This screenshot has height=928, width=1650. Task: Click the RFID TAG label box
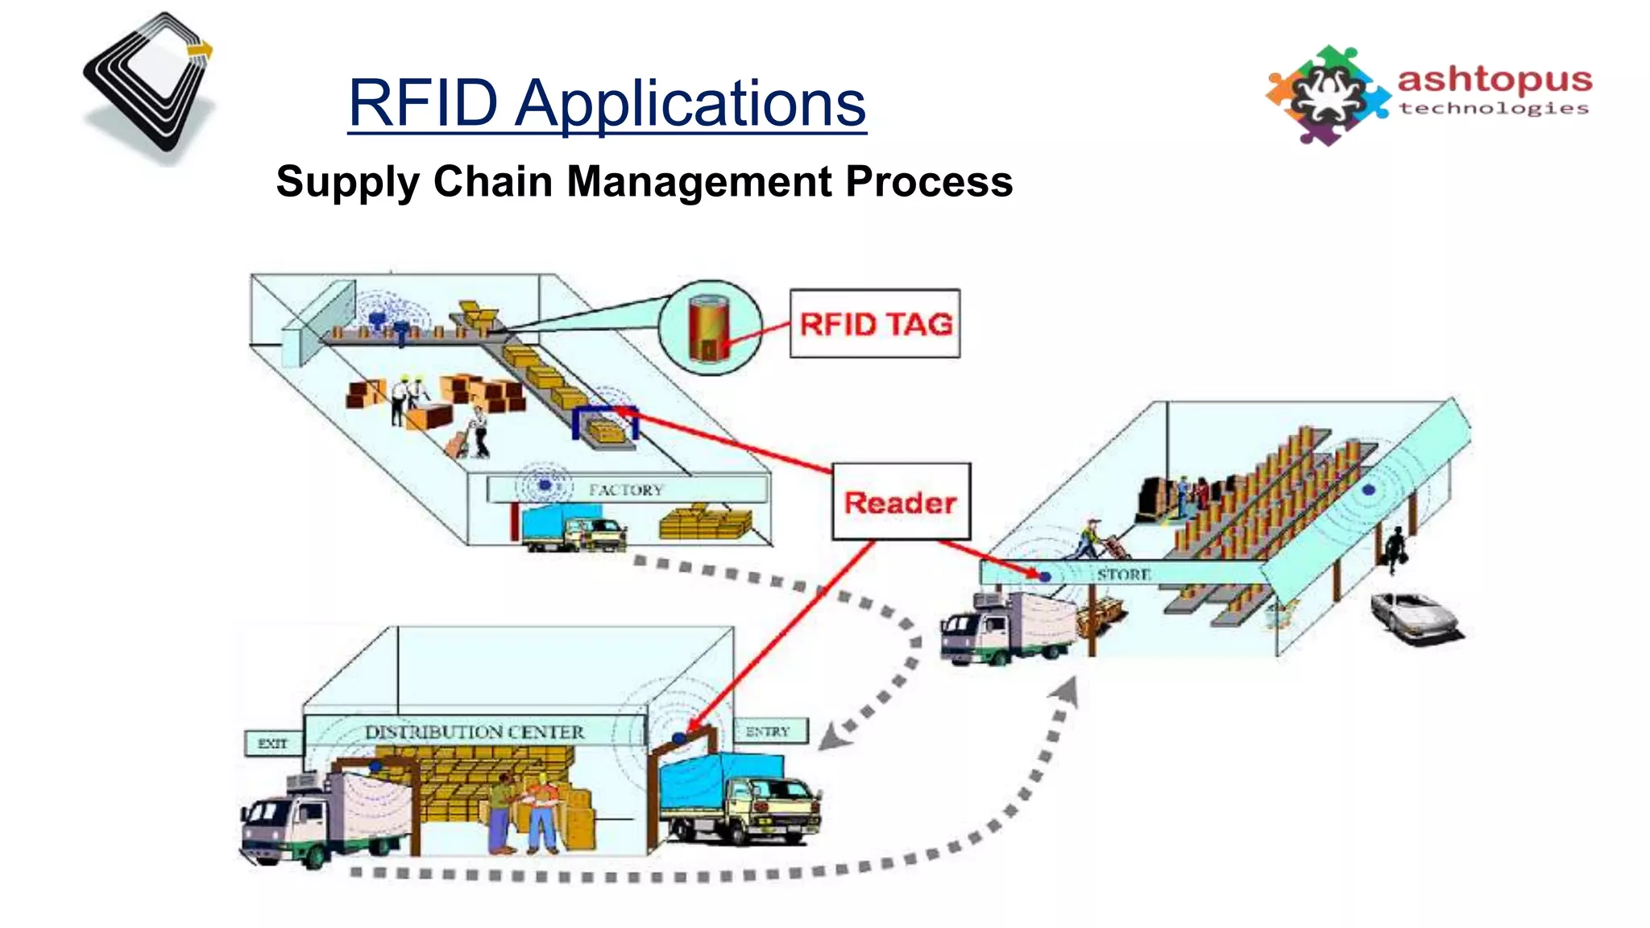pyautogui.click(x=875, y=324)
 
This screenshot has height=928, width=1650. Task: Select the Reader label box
pyautogui.click(x=901, y=502)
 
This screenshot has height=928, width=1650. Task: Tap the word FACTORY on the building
pyautogui.click(x=626, y=490)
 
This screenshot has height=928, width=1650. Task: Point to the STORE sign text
pyautogui.click(x=1123, y=574)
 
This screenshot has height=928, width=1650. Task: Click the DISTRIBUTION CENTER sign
pyautogui.click(x=475, y=732)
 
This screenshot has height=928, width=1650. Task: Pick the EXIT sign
pyautogui.click(x=272, y=743)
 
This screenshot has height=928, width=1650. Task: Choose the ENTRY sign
pyautogui.click(x=768, y=731)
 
